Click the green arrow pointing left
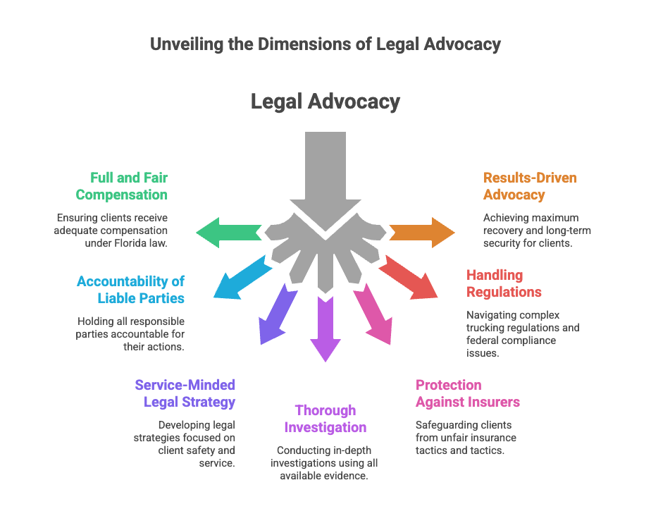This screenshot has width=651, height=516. coord(227,233)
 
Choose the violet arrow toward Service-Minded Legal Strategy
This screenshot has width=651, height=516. coord(275,314)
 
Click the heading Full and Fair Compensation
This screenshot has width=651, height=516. coord(122,186)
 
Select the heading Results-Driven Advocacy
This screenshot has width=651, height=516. coord(529,186)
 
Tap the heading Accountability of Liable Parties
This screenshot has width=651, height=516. coord(130,290)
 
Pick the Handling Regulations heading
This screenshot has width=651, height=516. coord(504,283)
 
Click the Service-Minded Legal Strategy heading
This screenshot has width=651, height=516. coord(185,393)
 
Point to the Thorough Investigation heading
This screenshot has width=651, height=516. coord(325,419)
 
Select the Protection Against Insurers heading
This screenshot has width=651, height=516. coord(467,393)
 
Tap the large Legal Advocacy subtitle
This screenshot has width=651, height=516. coord(325,102)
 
